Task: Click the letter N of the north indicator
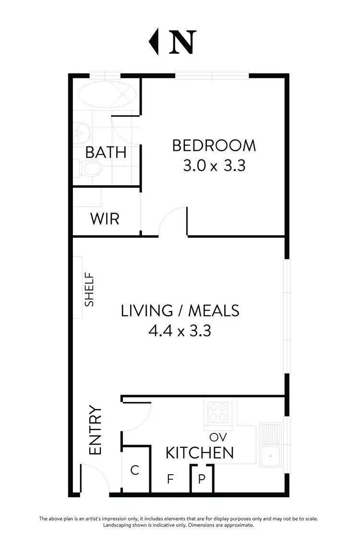click(182, 42)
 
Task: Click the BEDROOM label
click(214, 145)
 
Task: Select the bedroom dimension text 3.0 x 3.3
click(214, 166)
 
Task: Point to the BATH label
click(106, 152)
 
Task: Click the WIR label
click(105, 219)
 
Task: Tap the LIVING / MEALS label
click(180, 311)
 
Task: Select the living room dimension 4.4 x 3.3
click(180, 331)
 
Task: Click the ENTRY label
click(96, 431)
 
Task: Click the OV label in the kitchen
click(217, 437)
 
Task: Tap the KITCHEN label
click(200, 453)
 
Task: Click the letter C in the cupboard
click(135, 470)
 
